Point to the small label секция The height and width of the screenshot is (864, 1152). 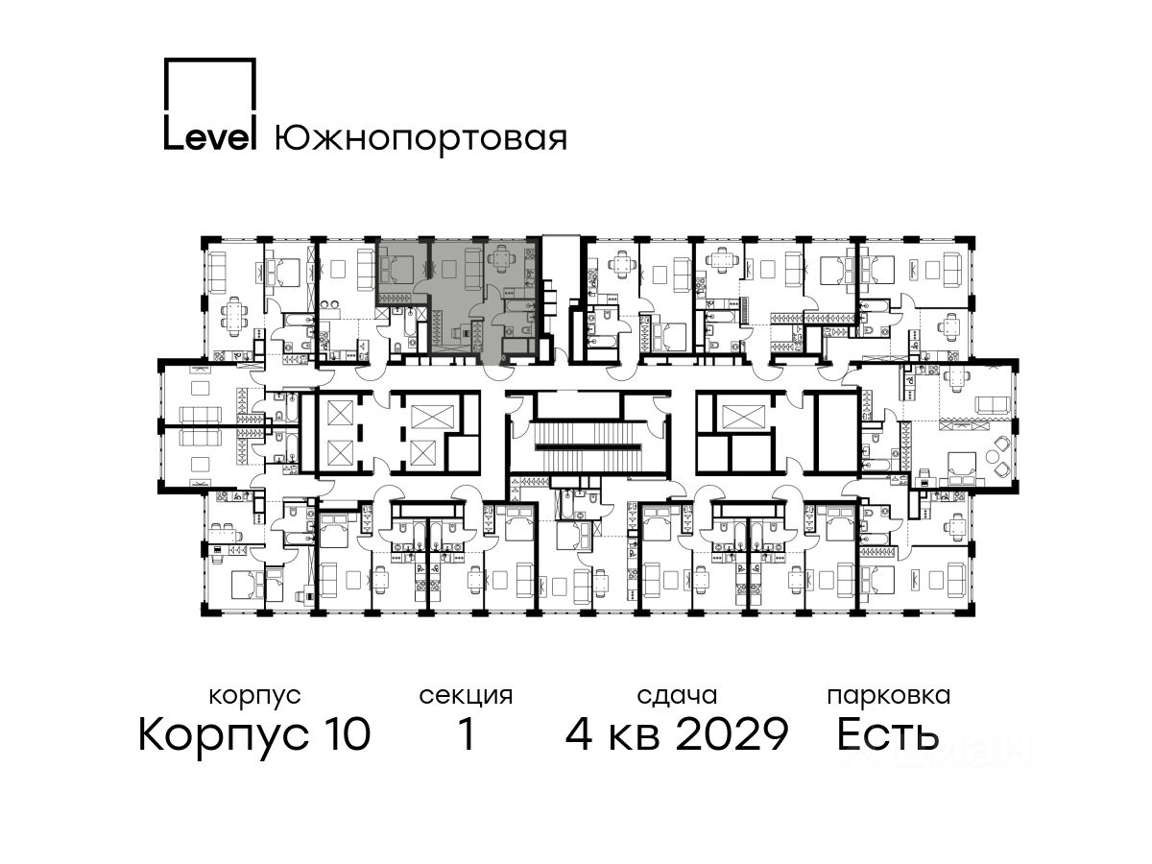click(466, 697)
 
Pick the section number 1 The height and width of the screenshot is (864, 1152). click(467, 733)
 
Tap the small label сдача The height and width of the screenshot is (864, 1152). click(677, 697)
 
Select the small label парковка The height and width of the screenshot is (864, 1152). click(889, 697)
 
